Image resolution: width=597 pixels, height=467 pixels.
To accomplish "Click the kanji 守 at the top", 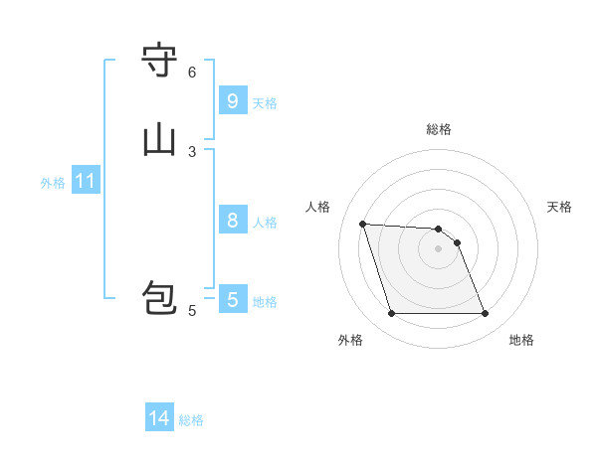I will (159, 61).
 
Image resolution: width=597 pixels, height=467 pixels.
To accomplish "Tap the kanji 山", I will (159, 139).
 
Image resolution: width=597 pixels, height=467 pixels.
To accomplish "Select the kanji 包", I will (159, 298).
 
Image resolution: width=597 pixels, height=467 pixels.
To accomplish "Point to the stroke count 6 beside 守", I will (192, 73).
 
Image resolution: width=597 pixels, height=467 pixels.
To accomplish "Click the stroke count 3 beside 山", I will (192, 151).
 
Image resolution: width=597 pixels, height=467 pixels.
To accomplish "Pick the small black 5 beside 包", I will (192, 311).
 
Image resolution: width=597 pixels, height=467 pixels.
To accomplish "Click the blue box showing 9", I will (232, 101).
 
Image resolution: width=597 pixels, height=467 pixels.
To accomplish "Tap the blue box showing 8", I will (232, 221).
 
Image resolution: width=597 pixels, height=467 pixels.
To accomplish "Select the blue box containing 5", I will (232, 299).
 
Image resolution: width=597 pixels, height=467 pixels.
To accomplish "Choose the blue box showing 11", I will (86, 182).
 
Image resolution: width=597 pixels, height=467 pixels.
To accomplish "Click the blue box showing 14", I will (159, 419).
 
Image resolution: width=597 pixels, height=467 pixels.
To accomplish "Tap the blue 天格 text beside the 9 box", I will (265, 103).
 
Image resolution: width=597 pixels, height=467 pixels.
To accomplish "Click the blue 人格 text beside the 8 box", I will (265, 223).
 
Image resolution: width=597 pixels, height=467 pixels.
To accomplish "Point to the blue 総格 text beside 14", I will (191, 420).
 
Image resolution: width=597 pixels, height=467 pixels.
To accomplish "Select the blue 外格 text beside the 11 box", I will (53, 183).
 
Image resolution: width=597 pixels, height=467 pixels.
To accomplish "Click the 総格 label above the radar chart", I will (439, 129).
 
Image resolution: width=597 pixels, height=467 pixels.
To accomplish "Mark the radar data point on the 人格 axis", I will (363, 224).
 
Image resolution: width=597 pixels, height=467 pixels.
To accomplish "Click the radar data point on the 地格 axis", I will (485, 314).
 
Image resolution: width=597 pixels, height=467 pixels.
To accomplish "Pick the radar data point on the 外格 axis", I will (391, 314).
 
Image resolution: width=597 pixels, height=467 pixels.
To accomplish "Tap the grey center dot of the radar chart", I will (438, 248).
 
